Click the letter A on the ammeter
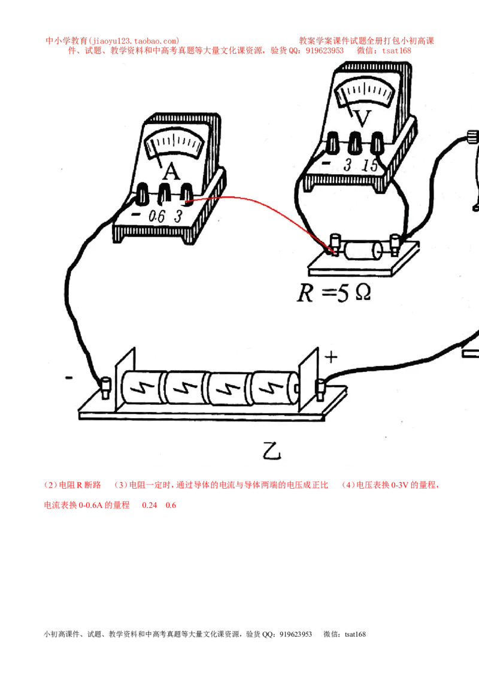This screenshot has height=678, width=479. tap(171, 172)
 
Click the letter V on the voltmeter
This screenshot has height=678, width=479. tap(362, 118)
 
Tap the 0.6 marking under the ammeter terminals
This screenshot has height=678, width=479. tap(157, 216)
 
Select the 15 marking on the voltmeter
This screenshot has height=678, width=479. tap(370, 165)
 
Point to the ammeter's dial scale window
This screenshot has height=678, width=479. tap(174, 144)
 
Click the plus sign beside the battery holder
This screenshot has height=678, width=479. tap(331, 357)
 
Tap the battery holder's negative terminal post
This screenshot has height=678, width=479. tap(105, 388)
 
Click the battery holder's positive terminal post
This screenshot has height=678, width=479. tap(320, 389)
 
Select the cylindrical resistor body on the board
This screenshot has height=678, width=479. tap(363, 251)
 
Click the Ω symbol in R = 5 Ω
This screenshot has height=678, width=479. tap(363, 293)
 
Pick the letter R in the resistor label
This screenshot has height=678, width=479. tap(305, 293)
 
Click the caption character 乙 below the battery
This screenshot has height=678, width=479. tap(272, 450)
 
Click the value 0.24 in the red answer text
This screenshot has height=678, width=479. tap(150, 505)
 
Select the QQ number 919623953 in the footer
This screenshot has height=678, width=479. tap(296, 634)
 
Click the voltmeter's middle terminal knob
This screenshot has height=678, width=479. tap(355, 143)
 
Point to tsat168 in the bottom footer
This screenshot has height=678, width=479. tap(356, 634)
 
